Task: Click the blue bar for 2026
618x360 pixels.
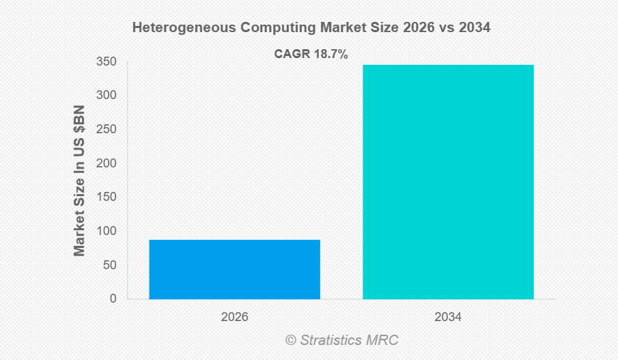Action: pos(234,269)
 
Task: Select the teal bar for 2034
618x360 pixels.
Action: pos(448,182)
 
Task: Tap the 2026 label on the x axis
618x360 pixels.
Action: pos(234,318)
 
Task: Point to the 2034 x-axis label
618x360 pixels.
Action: pos(448,318)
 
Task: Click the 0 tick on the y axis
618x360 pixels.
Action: pos(112,299)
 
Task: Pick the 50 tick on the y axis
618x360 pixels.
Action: pos(109,264)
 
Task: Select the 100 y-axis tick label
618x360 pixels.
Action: pos(105,231)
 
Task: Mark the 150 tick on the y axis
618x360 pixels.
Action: pos(105,197)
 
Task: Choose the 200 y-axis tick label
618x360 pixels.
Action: pos(105,163)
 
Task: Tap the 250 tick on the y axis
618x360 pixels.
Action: pos(105,129)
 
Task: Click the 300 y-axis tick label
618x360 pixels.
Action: pos(105,96)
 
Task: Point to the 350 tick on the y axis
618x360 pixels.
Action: pos(105,62)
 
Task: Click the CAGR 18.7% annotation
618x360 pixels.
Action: pos(311,55)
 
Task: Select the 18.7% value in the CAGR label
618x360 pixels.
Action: pos(331,55)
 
